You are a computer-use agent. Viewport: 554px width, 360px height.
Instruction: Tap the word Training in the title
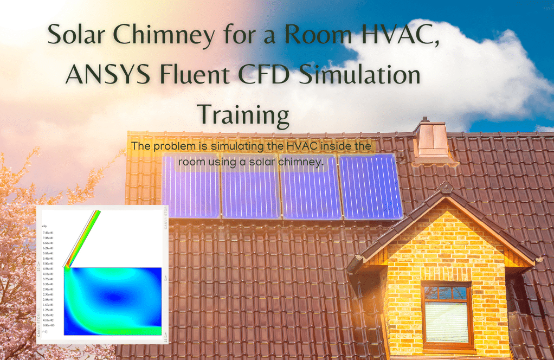pos(243,114)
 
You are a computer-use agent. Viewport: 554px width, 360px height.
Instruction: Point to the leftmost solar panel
pos(191,187)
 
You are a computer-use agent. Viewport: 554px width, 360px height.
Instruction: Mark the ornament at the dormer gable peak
pos(446,188)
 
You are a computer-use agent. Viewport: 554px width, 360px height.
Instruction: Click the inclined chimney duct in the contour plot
pos(83,239)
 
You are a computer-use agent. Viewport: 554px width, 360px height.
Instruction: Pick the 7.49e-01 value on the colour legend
pos(55,232)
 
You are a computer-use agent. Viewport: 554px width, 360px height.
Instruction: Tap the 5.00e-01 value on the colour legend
pos(55,263)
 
